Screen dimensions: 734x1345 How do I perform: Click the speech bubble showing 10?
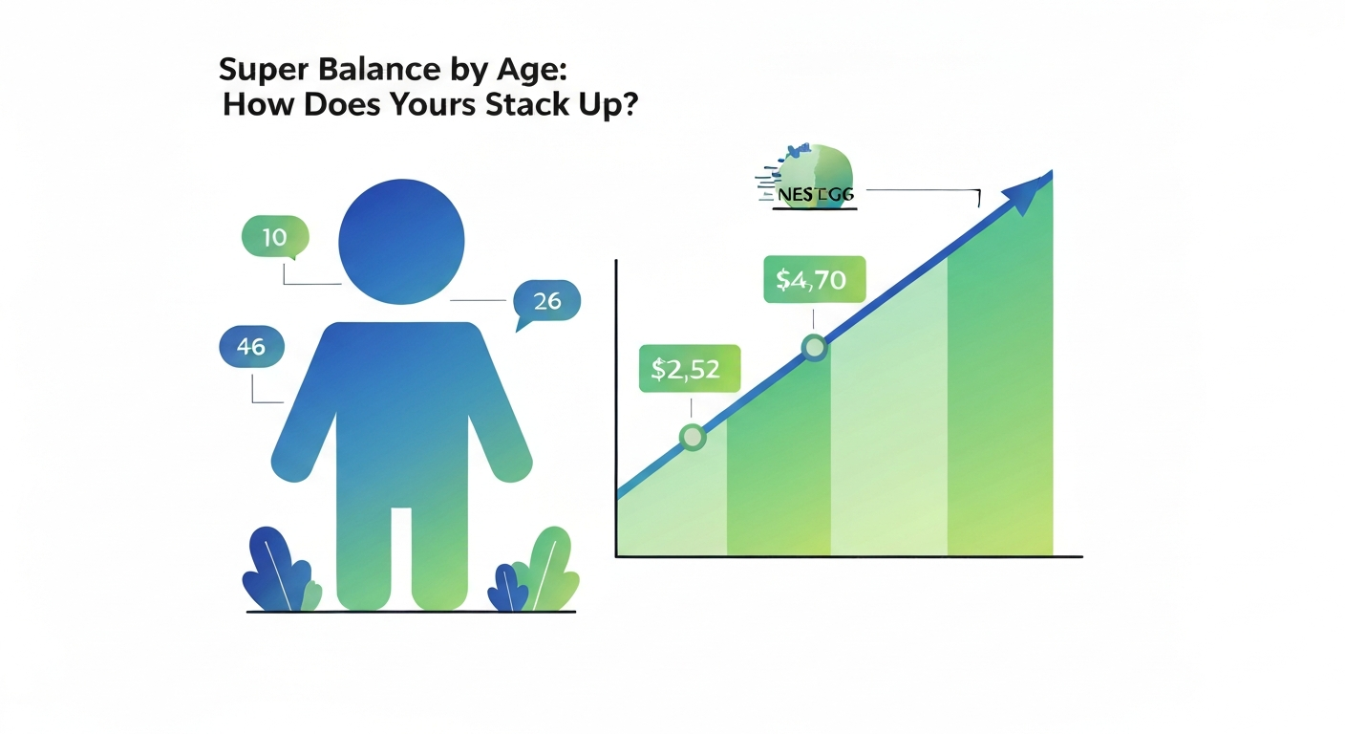tap(275, 236)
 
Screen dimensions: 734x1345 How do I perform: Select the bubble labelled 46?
tap(251, 347)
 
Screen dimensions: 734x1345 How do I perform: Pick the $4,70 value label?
tap(814, 281)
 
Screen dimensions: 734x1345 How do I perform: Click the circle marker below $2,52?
tap(693, 438)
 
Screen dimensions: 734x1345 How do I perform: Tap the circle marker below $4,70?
tap(814, 347)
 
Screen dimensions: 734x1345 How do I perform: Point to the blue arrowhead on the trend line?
tap(1030, 191)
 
